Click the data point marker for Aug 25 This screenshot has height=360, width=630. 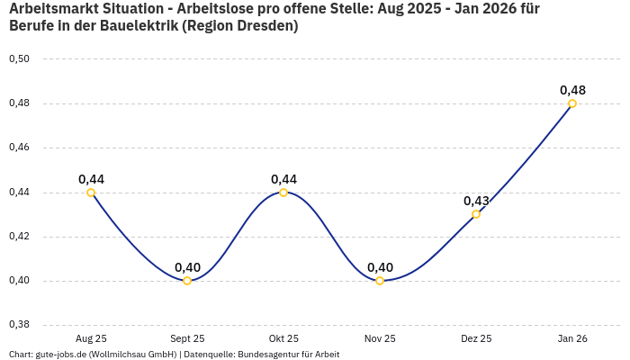tap(91, 193)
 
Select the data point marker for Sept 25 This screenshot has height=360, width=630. tap(187, 281)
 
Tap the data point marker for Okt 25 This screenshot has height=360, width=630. tap(283, 193)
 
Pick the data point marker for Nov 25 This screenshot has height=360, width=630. tap(380, 281)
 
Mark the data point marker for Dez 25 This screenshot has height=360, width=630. tap(476, 214)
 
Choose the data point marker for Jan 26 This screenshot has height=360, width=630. tap(572, 103)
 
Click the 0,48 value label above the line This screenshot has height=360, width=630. tap(572, 90)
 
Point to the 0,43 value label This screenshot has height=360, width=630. tap(476, 201)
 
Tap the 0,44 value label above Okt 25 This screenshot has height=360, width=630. tap(283, 179)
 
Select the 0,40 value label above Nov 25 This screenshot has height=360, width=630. tap(380, 267)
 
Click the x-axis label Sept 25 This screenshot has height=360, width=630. tap(187, 338)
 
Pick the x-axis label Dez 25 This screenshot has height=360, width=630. tap(476, 338)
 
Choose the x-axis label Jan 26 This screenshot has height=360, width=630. tap(572, 338)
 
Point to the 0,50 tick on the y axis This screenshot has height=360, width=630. tap(19, 59)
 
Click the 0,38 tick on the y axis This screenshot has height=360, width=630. tap(19, 325)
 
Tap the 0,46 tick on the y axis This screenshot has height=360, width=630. tap(19, 148)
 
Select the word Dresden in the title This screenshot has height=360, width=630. tap(269, 26)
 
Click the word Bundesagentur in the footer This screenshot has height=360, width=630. tap(269, 355)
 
